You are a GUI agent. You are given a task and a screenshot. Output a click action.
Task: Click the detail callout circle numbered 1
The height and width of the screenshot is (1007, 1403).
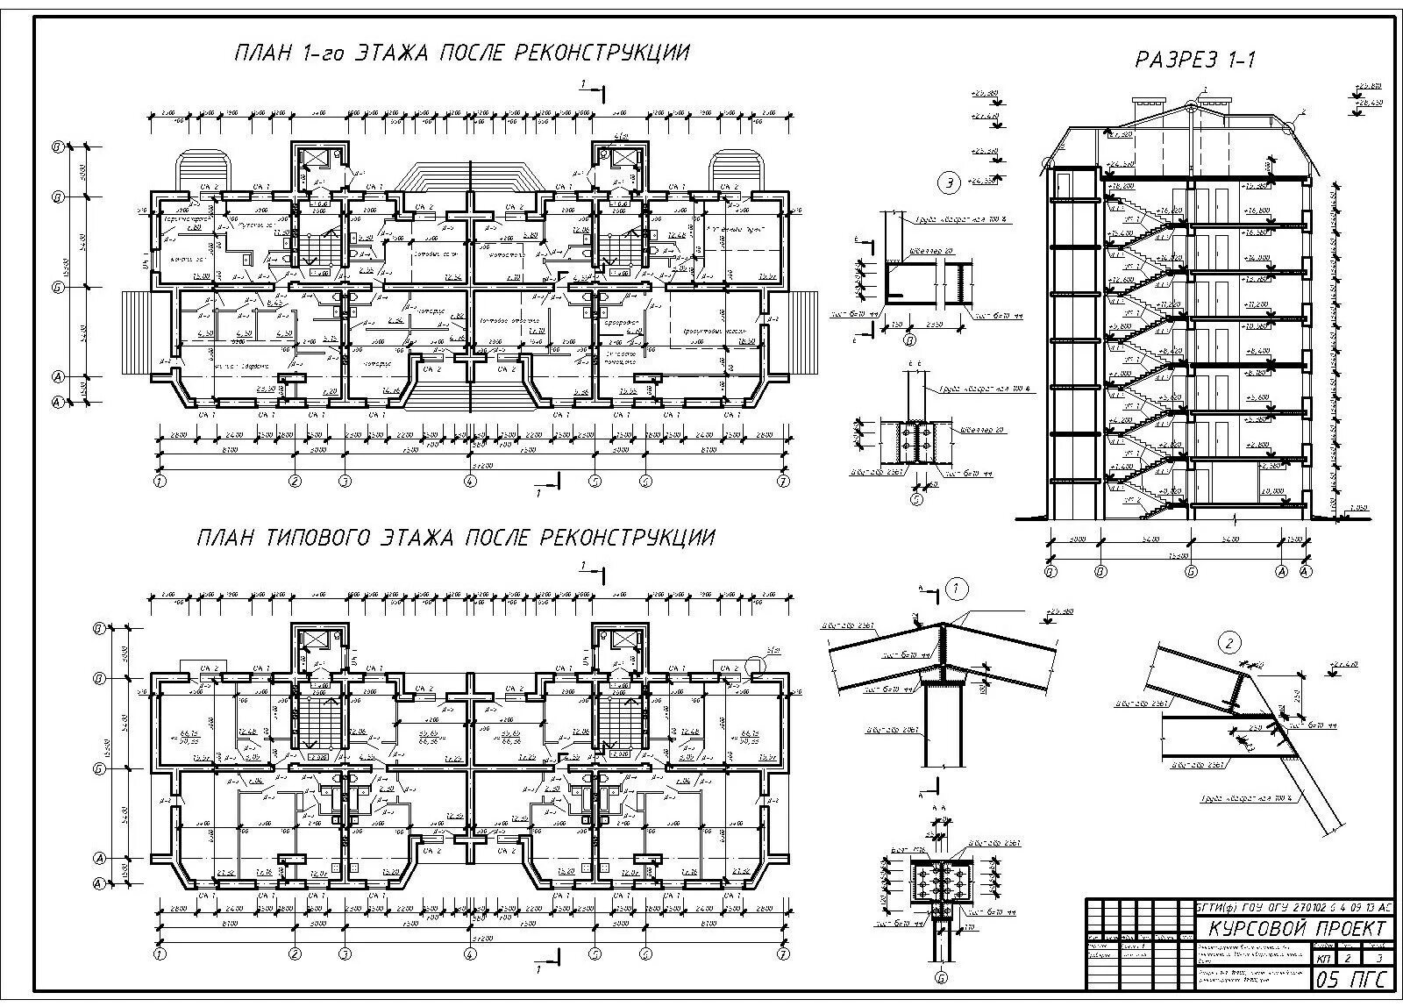[x=957, y=589]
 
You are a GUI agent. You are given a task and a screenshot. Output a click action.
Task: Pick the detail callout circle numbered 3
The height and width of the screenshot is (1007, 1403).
[x=948, y=183]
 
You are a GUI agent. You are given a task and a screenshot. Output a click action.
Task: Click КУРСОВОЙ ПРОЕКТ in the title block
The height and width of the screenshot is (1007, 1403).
[x=1297, y=929]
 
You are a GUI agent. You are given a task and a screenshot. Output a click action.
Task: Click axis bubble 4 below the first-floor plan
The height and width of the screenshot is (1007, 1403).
[x=471, y=481]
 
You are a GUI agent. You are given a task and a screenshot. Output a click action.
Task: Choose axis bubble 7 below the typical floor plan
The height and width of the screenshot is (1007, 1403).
[x=783, y=953]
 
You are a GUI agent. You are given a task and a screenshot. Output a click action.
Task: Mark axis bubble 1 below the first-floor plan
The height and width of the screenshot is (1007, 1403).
[x=159, y=481]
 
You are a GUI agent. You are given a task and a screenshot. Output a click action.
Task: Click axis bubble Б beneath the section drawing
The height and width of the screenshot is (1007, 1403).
[x=1192, y=572]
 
